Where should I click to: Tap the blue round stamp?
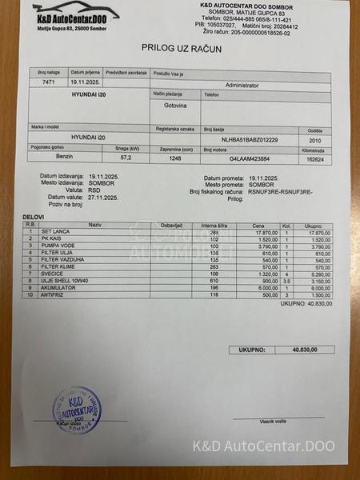[x=75, y=410]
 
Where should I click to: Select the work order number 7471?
[x=48, y=82]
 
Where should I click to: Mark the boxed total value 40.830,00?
[x=304, y=350]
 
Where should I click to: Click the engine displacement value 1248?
[x=175, y=158]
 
